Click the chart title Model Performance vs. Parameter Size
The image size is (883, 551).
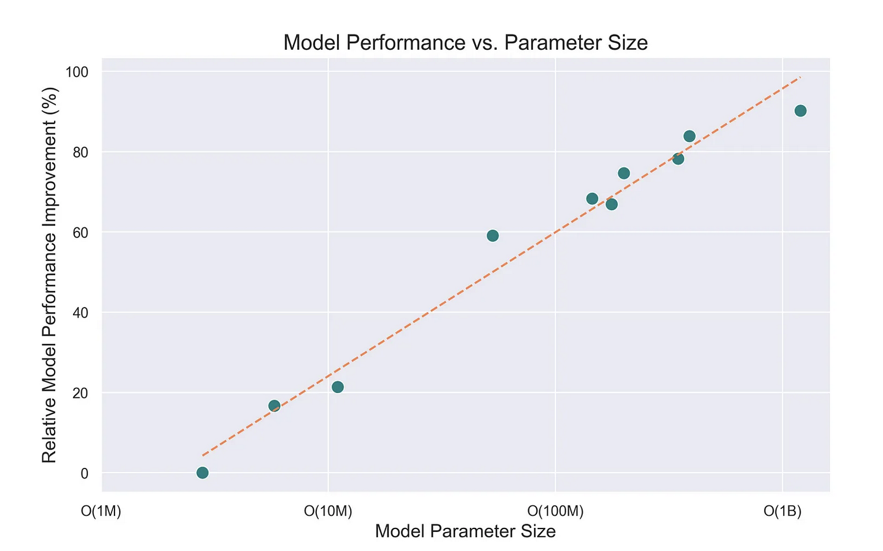point(465,43)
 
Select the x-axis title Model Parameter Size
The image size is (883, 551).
point(465,531)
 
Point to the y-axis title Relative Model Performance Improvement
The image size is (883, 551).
point(50,274)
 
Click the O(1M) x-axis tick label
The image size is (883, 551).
point(101,511)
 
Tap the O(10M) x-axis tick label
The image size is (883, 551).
point(328,511)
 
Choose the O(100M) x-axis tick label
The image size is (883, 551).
point(555,511)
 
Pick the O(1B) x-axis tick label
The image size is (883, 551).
point(783,511)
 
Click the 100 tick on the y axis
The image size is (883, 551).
point(77,72)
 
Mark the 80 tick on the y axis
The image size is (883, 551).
point(80,152)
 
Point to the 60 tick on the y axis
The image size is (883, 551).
point(80,232)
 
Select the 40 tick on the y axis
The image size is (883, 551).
point(80,312)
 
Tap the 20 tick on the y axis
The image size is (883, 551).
point(80,393)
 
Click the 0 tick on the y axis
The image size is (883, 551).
point(84,473)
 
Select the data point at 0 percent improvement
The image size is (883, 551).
point(202,473)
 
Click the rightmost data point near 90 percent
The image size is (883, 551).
point(801,110)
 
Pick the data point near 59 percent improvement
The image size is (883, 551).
point(493,236)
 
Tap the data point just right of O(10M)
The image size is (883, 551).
point(338,387)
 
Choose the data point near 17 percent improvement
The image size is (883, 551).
point(274,406)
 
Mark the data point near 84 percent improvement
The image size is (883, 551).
point(690,136)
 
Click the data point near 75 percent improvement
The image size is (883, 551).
point(624,173)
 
